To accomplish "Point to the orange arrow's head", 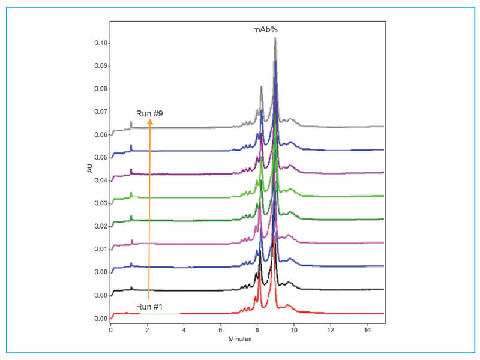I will pyautogui.click(x=150, y=121).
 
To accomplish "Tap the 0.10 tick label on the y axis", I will pyautogui.click(x=100, y=43).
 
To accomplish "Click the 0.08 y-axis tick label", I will pyautogui.click(x=100, y=89).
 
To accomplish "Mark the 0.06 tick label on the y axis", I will pyautogui.click(x=100, y=135).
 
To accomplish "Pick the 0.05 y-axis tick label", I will pyautogui.click(x=100, y=158).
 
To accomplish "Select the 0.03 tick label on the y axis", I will pyautogui.click(x=100, y=203).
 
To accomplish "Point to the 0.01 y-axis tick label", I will pyautogui.click(x=100, y=249).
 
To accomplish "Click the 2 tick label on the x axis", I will pyautogui.click(x=147, y=330).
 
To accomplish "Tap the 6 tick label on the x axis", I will pyautogui.click(x=221, y=330).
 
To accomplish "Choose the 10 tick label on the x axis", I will pyautogui.click(x=293, y=330).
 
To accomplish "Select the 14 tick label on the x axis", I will pyautogui.click(x=367, y=330).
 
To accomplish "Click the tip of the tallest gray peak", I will pyautogui.click(x=275, y=38).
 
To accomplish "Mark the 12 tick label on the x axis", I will pyautogui.click(x=330, y=330).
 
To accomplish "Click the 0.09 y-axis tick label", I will pyautogui.click(x=100, y=66).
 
